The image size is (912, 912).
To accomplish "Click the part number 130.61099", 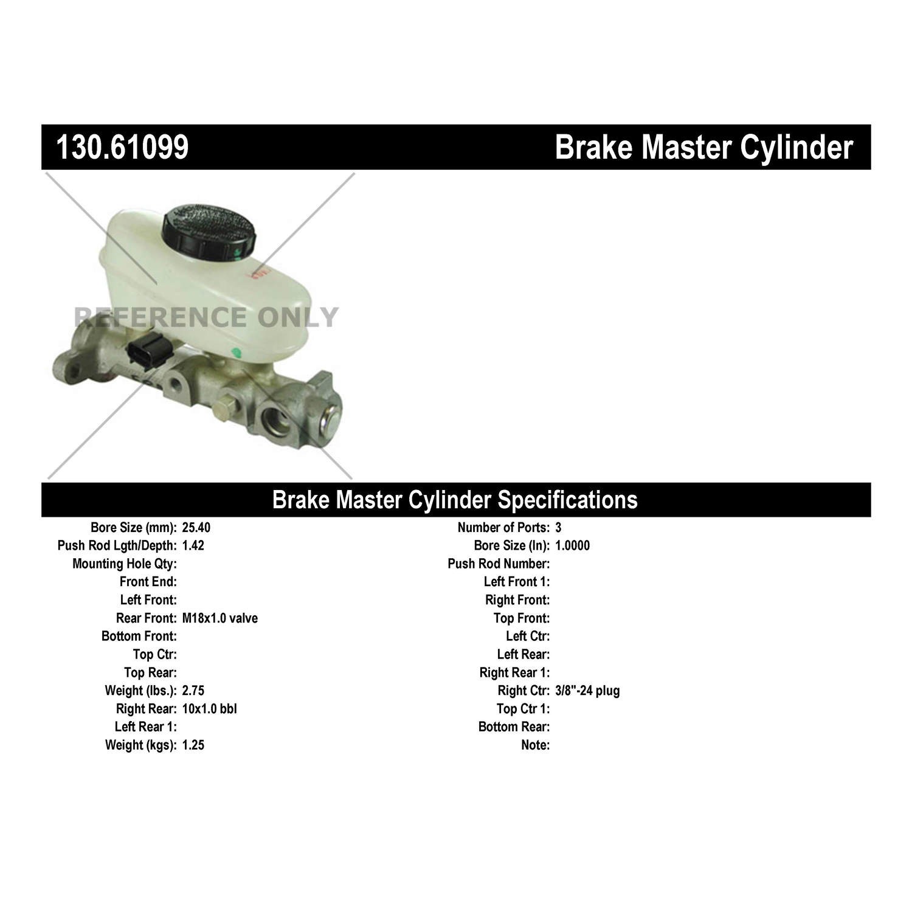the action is (122, 147).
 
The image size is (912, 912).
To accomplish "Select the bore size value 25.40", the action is (196, 528).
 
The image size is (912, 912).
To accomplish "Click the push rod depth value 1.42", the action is (193, 545).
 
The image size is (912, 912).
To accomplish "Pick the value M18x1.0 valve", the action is (219, 618).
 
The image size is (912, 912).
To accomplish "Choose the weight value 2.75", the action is (193, 691).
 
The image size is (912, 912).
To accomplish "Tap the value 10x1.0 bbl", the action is (209, 709).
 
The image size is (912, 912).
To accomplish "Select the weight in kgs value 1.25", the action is (193, 745).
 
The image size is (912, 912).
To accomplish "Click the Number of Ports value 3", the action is (558, 528).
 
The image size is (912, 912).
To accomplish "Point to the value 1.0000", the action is (572, 545).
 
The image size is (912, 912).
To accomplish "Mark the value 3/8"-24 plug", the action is (587, 691).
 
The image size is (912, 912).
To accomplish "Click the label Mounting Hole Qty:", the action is (125, 564).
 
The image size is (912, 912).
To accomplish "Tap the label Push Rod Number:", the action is (499, 564).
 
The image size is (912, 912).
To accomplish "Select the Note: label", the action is (536, 745).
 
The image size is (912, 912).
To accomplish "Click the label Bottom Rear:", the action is (514, 727).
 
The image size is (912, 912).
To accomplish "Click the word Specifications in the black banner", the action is (567, 500).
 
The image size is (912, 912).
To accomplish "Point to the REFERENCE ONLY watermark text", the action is (206, 317).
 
